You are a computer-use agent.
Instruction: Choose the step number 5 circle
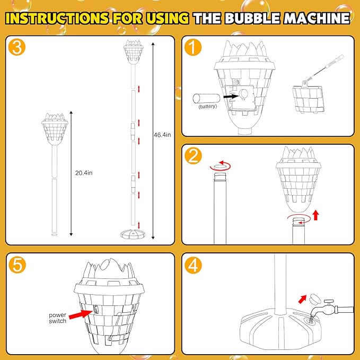(19, 266)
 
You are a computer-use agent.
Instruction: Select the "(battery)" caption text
(208, 107)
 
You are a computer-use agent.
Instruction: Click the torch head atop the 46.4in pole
(133, 51)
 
